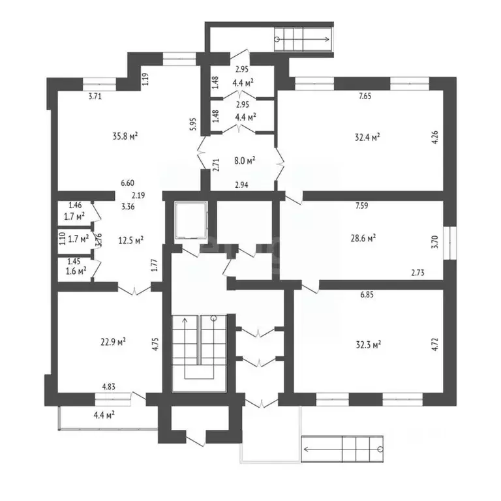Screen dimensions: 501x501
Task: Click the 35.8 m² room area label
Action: (x=125, y=136)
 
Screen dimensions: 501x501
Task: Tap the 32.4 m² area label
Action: (x=367, y=137)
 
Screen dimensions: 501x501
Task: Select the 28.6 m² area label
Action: (x=363, y=239)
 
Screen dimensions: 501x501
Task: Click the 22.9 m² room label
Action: (x=112, y=341)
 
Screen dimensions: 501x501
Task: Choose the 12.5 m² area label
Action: (x=131, y=239)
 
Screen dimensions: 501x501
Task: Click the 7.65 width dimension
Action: (x=366, y=96)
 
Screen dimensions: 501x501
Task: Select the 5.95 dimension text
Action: (x=193, y=125)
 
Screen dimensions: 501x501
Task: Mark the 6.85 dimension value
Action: (x=369, y=295)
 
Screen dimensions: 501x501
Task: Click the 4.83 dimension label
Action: (x=108, y=388)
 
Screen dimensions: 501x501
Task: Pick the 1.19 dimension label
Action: (x=146, y=80)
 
